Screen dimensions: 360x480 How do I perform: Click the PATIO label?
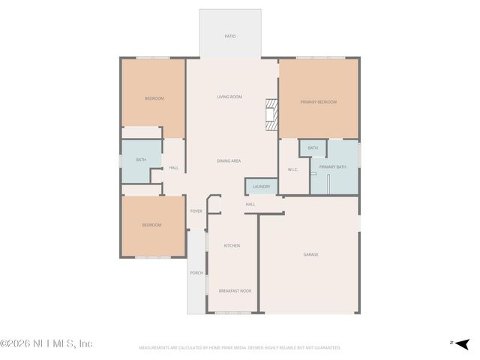pos(230,36)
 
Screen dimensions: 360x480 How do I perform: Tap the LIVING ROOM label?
pos(229,97)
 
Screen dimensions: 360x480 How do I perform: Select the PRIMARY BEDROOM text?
pos(319,102)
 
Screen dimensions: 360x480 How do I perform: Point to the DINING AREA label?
pos(229,160)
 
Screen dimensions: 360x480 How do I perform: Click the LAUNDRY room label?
pos(261,186)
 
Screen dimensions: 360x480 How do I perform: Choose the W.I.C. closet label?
pos(293,169)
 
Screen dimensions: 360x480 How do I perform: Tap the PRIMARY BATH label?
pos(332,166)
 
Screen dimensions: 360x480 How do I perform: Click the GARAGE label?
pos(310,254)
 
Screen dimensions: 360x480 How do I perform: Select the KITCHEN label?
pos(232,245)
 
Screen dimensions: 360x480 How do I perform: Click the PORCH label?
pos(196,272)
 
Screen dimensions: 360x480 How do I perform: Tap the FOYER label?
pos(196,211)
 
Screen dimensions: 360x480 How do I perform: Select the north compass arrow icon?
pos(461,343)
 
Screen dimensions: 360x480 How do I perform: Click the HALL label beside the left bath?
pos(174,167)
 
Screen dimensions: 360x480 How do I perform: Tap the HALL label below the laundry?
pos(250,204)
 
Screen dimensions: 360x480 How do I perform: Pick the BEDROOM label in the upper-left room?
pos(154,98)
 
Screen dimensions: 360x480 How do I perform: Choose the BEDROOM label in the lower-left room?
pos(152,225)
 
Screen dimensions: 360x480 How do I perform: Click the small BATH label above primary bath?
pos(313,148)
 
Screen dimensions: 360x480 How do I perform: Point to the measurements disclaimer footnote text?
pos(240,347)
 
